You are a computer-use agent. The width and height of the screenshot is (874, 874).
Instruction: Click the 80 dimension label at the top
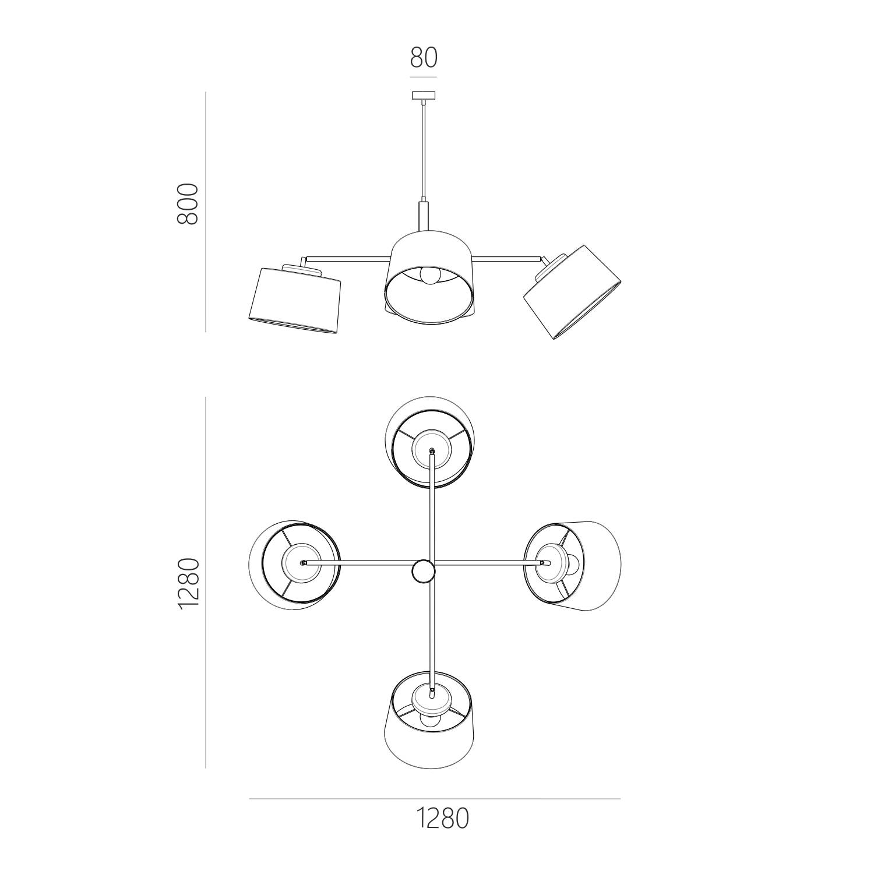pos(424,57)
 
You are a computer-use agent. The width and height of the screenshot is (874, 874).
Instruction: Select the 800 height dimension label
pos(188,204)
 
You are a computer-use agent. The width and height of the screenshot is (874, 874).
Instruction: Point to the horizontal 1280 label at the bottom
pos(443,818)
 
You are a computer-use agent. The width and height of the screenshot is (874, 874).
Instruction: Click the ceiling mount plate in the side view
pos(424,96)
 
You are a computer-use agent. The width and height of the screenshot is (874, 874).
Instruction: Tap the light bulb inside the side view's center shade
pos(429,276)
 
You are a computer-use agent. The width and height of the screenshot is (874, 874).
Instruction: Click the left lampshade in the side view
pos(294,299)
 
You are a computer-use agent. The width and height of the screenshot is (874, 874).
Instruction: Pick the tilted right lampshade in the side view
pos(573,291)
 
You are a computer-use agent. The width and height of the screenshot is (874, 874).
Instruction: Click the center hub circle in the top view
pos(423,572)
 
